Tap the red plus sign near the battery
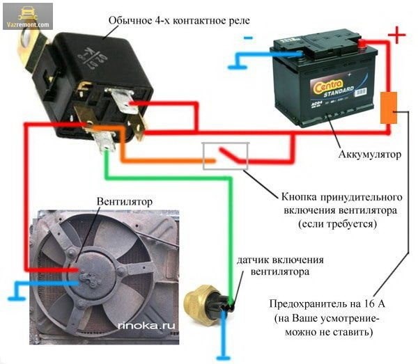pyautogui.click(x=396, y=35)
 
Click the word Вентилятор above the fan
pyautogui.click(x=125, y=201)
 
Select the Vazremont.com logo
pyautogui.click(x=27, y=15)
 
